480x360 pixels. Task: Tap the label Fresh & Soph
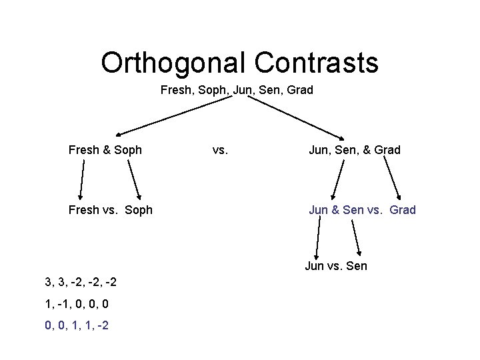[x=105, y=150]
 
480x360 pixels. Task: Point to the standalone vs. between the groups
[x=220, y=150]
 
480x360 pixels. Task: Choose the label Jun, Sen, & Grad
[x=354, y=150]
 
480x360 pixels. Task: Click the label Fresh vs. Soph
[x=111, y=210]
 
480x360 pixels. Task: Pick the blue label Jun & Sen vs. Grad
[x=362, y=210]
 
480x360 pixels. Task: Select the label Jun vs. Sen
[x=336, y=267]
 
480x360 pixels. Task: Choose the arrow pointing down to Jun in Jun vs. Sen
[x=317, y=237]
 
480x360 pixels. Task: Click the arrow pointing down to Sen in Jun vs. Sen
[x=355, y=237]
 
